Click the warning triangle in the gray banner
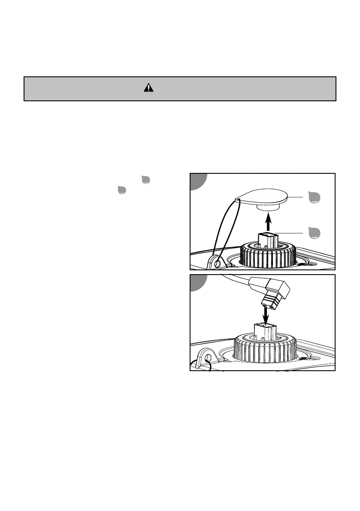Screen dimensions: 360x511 148,88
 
